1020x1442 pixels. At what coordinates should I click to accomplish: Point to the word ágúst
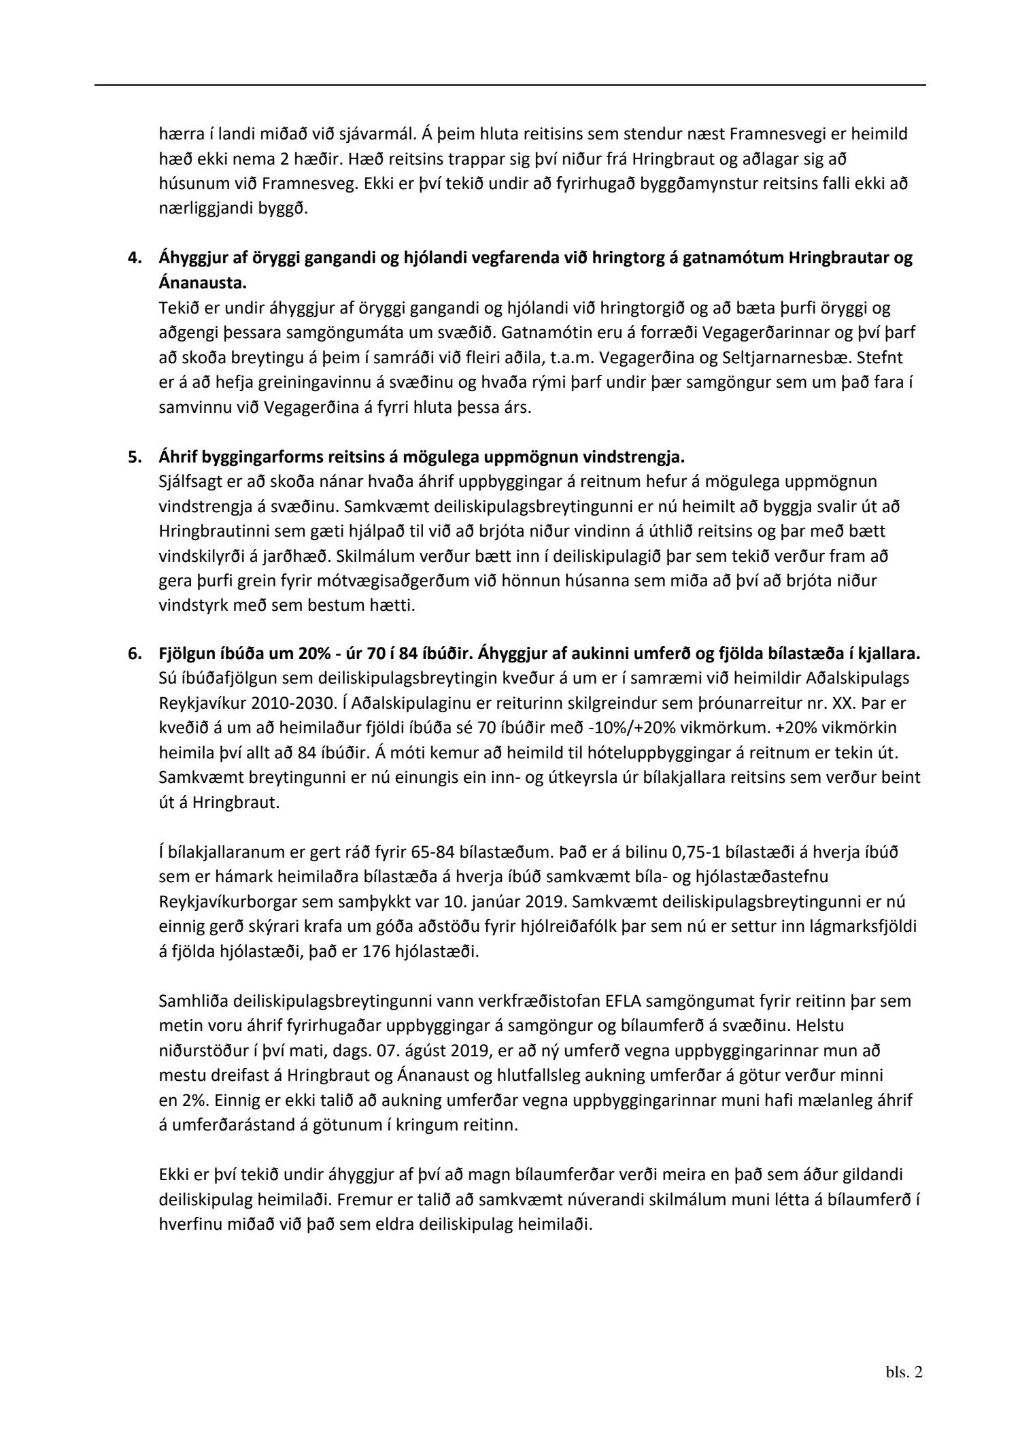[x=426, y=1050]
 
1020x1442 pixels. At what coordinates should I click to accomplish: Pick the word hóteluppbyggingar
[x=665, y=752]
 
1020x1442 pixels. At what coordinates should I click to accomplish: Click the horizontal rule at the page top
[x=510, y=85]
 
